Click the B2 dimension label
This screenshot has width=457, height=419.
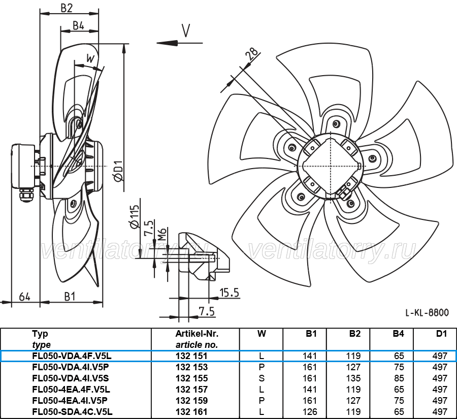click(67, 8)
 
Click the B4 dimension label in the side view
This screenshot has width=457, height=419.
click(78, 26)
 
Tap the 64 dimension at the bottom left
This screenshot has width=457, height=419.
click(24, 297)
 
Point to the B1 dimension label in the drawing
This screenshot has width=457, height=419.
click(70, 297)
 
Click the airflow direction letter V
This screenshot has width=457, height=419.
click(186, 30)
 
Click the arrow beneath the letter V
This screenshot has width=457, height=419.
click(180, 43)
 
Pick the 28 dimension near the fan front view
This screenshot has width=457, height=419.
click(251, 53)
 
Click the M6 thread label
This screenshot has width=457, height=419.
click(162, 234)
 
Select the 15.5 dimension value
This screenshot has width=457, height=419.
click(229, 293)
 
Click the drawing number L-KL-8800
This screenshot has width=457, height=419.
click(427, 313)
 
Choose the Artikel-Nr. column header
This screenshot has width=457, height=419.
click(197, 334)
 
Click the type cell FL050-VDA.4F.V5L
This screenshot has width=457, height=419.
click(72, 356)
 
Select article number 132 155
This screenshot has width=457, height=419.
click(191, 378)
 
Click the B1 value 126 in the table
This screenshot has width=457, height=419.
click(310, 412)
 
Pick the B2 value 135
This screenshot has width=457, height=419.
click(353, 378)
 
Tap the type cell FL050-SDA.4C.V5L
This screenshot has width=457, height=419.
click(72, 412)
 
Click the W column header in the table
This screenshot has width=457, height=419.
click(262, 334)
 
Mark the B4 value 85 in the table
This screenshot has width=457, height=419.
click(399, 378)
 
